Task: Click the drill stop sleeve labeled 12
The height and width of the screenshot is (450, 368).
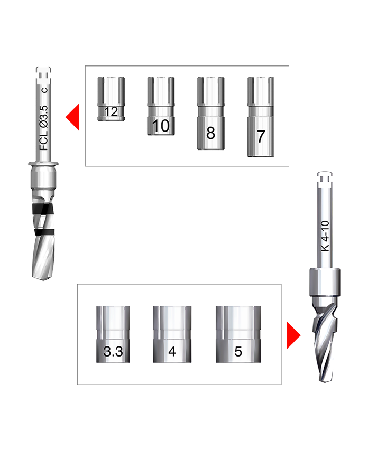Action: coord(111,99)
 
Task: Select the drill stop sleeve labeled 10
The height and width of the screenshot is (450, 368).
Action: coord(161,106)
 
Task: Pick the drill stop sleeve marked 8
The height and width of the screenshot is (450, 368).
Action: coord(210,113)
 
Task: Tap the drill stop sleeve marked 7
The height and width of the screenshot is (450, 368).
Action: coord(261,117)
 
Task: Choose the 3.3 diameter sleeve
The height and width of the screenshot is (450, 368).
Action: coord(113,334)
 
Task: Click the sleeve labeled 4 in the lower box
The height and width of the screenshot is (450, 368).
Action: coord(172,334)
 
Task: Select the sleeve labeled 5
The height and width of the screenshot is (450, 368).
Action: coord(238,334)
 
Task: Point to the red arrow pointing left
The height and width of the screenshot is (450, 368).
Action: coord(72,117)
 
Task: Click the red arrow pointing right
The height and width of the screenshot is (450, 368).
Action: coord(293,335)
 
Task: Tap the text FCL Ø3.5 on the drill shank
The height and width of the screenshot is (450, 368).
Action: coord(44,128)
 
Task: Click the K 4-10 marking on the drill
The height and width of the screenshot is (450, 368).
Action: coord(325,236)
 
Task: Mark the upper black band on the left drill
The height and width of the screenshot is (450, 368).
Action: coord(42,210)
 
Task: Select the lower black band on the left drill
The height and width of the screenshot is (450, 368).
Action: coord(44,232)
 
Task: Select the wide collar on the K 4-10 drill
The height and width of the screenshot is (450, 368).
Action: coord(325,283)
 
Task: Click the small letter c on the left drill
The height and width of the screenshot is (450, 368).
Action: coord(44,90)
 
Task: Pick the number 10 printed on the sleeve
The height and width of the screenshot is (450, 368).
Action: coord(161,126)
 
